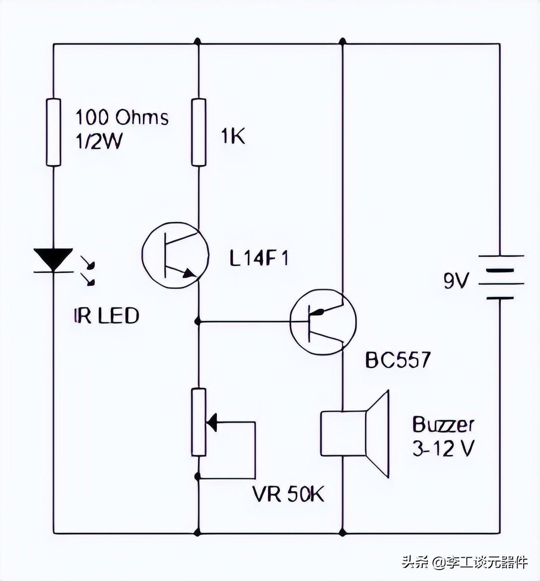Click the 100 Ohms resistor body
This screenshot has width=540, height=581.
pyautogui.click(x=54, y=132)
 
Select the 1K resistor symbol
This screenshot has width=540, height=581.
pyautogui.click(x=199, y=132)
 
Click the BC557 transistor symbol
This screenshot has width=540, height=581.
pyautogui.click(x=323, y=322)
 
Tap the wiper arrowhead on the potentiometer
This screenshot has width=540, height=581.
pyautogui.click(x=212, y=422)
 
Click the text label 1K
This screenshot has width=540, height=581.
pyautogui.click(x=232, y=136)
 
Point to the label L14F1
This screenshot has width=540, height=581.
pyautogui.click(x=259, y=258)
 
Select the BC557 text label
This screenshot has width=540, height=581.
pyautogui.click(x=398, y=360)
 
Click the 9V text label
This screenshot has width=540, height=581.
pyautogui.click(x=456, y=281)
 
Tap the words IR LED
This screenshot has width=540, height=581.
pyautogui.click(x=106, y=316)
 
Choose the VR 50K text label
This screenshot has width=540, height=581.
pyautogui.click(x=288, y=494)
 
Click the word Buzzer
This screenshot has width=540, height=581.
pyautogui.click(x=443, y=425)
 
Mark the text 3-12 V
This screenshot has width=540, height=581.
pyautogui.click(x=443, y=449)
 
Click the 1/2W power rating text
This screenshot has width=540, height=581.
pyautogui.click(x=99, y=142)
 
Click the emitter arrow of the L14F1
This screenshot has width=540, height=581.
pyautogui.click(x=189, y=273)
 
